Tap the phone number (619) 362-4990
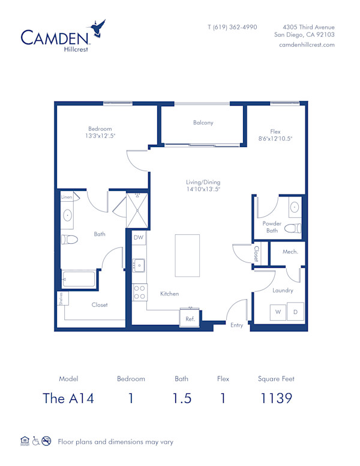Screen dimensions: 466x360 [232, 27]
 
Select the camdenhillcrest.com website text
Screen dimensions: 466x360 [307, 45]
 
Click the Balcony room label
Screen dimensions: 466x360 [203, 123]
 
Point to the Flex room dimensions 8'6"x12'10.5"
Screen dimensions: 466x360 [275, 138]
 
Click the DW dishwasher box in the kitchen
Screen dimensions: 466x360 [139, 238]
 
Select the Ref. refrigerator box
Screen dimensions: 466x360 [190, 319]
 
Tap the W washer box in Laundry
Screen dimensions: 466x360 [278, 312]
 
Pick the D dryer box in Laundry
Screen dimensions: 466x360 [295, 312]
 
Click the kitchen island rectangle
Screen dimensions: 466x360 [187, 255]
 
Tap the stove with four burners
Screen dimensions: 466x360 [139, 292]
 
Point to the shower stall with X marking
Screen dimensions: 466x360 [137, 210]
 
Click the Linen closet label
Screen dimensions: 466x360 [66, 197]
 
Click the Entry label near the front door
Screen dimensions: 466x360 [237, 325]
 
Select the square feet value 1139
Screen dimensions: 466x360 [276, 398]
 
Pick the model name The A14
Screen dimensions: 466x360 [68, 398]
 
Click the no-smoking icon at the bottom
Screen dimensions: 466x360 [47, 441]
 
